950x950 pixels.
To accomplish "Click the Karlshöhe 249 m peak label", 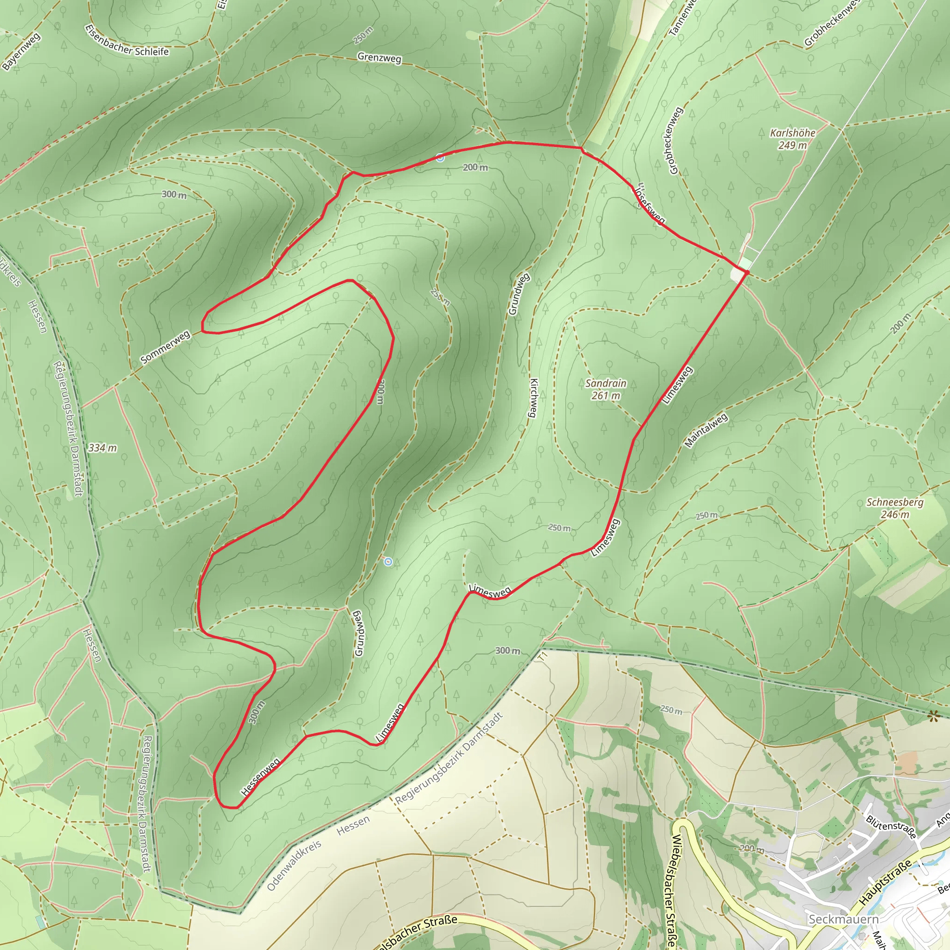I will [x=792, y=139].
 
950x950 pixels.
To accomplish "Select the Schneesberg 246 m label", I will [x=895, y=508].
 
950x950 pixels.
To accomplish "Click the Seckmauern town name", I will [x=843, y=919].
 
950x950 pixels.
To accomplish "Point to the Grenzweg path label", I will [x=379, y=58].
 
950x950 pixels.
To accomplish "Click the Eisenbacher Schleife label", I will [x=127, y=41].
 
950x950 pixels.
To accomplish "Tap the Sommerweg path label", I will [x=165, y=347].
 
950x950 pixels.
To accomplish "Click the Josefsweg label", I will [x=650, y=204].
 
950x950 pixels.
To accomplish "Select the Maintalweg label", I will [x=706, y=431].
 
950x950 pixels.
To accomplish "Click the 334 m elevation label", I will [x=102, y=448].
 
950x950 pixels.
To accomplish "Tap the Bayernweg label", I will [x=21, y=51].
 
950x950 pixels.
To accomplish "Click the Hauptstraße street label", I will [x=885, y=883].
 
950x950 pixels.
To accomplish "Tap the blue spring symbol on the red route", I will [x=440, y=158].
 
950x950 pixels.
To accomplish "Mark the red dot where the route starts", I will [x=746, y=272].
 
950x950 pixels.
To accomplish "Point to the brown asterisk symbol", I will [x=932, y=716].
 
